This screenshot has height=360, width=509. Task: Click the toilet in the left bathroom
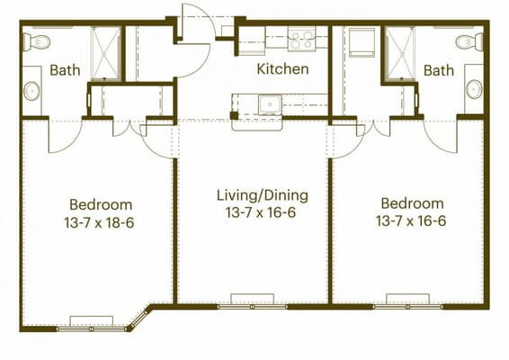pos(33,41)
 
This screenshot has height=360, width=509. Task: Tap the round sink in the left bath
pos(31,90)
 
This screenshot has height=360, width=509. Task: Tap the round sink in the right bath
pos(473,89)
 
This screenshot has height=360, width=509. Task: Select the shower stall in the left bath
pos(106,53)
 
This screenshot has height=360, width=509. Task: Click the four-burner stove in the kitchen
pos(301,39)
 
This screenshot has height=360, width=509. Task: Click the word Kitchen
pos(282,68)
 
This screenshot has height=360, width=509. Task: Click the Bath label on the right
pos(439,70)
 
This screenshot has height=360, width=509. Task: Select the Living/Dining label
pos(262,194)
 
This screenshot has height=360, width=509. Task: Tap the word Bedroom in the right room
pos(411,204)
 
